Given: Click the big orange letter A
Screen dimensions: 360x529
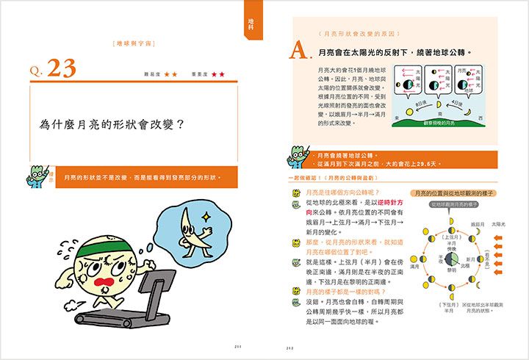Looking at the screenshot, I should coord(298,51).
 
